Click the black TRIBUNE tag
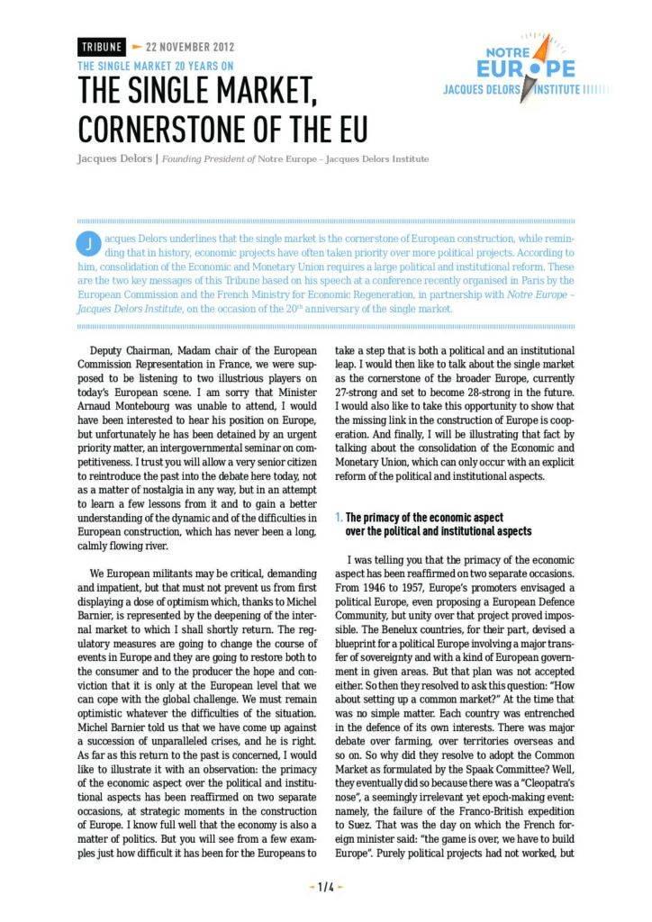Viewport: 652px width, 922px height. coord(102,47)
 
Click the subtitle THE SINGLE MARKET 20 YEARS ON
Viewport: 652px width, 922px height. coord(156,66)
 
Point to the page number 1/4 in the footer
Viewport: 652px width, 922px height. coord(326,886)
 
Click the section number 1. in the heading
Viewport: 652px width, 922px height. coord(339,518)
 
